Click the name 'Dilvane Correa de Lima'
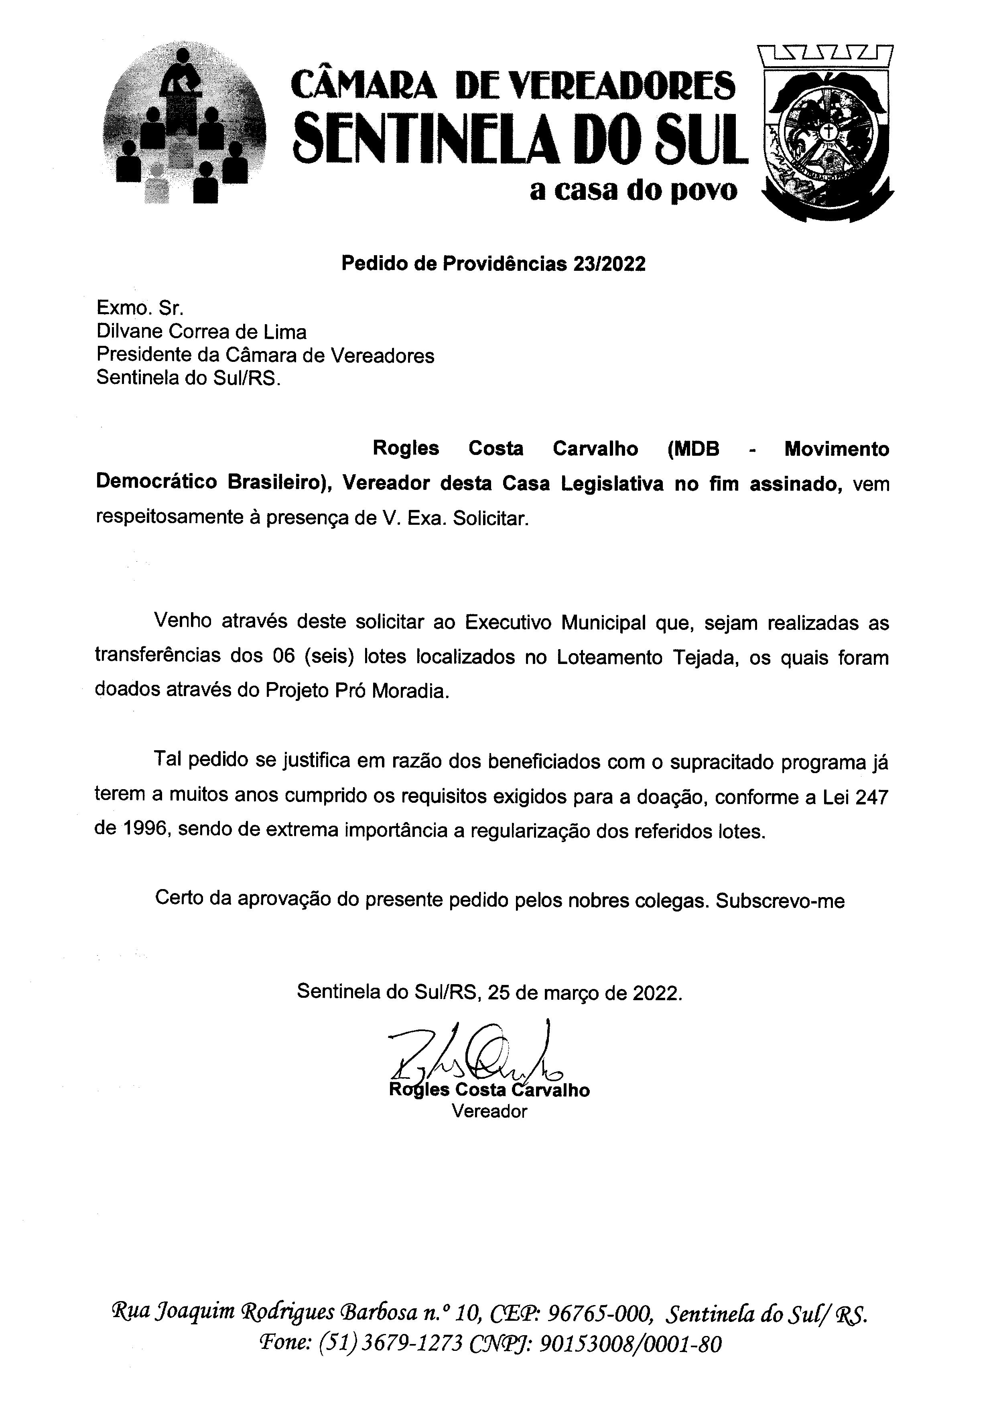[x=201, y=332]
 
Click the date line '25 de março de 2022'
[x=585, y=992]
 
